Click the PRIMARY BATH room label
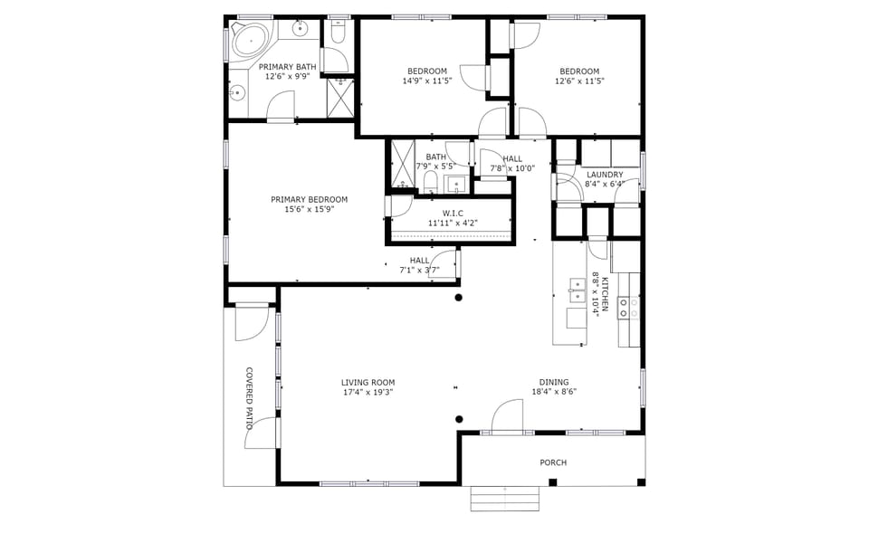[287, 67]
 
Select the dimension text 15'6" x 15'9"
[309, 210]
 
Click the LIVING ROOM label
[368, 382]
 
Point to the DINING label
[554, 382]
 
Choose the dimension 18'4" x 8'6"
[554, 392]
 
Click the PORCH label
[553, 462]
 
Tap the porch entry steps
[504, 499]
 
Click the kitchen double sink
[576, 291]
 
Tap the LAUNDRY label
[604, 175]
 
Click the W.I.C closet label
[453, 213]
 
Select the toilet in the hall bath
[431, 184]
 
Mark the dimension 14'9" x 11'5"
[426, 81]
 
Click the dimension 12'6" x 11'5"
[579, 81]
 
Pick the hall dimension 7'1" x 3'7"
[419, 270]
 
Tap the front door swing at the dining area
[507, 416]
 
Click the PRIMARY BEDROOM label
[309, 200]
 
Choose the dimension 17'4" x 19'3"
[368, 392]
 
